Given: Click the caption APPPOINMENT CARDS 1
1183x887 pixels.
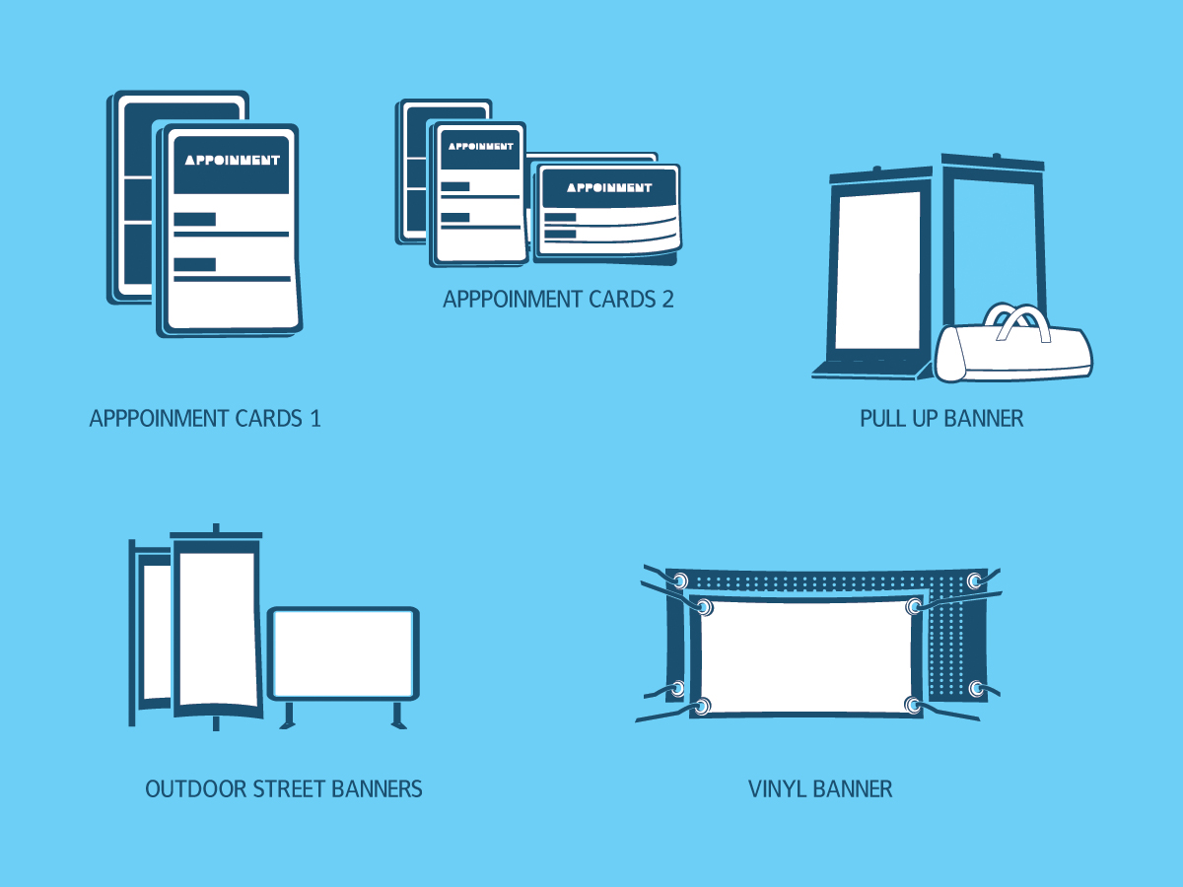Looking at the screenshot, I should (205, 418).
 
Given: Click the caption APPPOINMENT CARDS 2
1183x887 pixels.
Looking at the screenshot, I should (558, 300).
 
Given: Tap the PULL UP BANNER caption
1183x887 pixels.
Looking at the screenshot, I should (941, 418).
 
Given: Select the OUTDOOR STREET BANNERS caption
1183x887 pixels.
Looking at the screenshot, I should (284, 789).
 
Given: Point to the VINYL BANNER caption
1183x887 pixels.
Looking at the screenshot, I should (820, 789).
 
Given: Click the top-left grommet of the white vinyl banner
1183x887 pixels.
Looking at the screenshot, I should (705, 606).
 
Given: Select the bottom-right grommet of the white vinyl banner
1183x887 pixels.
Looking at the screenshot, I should (914, 705).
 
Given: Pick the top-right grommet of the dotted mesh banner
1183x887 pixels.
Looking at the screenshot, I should (975, 580).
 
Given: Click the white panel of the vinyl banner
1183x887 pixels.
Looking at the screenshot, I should (808, 655).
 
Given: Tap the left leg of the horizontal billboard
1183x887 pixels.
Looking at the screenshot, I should (289, 716).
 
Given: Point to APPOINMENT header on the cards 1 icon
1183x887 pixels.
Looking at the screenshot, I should (233, 160).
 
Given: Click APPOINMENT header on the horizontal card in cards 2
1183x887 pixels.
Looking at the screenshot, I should (609, 187).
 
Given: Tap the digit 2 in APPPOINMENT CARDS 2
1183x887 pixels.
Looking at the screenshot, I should (667, 300).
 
